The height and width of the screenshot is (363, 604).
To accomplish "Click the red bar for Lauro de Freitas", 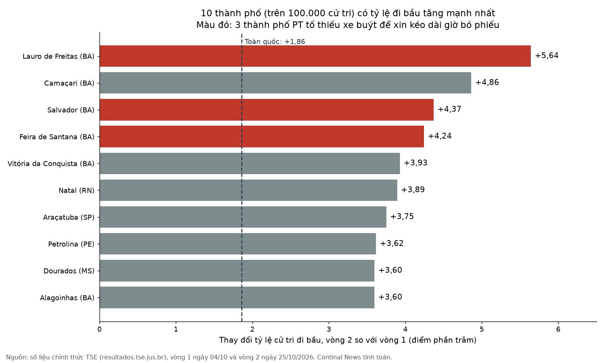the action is pyautogui.click(x=315, y=56).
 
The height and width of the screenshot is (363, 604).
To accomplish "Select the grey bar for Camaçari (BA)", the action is pyautogui.click(x=285, y=83).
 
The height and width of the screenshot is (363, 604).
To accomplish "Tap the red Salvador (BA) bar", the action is pyautogui.click(x=266, y=110).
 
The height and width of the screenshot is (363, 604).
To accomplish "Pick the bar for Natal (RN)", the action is pyautogui.click(x=248, y=190).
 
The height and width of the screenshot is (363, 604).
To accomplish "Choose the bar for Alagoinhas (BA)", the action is pyautogui.click(x=237, y=297).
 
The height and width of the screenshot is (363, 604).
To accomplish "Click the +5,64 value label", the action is pyautogui.click(x=547, y=55).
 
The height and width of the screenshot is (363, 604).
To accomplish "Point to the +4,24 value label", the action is pyautogui.click(x=439, y=136).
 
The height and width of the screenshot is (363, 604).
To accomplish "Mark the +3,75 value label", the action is pyautogui.click(x=402, y=216).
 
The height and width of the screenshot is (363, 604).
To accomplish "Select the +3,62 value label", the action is pyautogui.click(x=391, y=243).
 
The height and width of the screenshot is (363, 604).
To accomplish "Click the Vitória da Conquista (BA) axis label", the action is pyautogui.click(x=51, y=164).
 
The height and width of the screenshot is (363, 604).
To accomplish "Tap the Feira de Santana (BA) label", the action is pyautogui.click(x=57, y=137).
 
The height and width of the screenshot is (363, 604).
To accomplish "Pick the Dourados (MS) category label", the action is pyautogui.click(x=69, y=271).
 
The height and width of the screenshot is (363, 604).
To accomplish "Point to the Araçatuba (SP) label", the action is pyautogui.click(x=69, y=217).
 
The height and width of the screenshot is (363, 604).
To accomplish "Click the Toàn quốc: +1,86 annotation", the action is pyautogui.click(x=275, y=41).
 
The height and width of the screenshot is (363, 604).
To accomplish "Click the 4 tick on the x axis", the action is pyautogui.click(x=405, y=329).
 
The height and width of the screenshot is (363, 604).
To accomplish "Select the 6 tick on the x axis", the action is pyautogui.click(x=558, y=329).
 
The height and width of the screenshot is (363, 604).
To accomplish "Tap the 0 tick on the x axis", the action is pyautogui.click(x=100, y=329).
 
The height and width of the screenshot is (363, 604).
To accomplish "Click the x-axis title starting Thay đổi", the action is pyautogui.click(x=348, y=340).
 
